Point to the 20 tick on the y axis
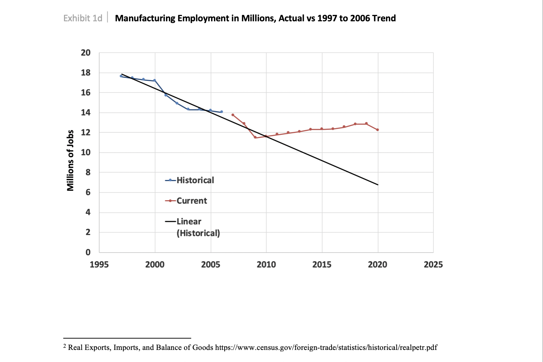[x=86, y=53]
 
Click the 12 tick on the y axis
[x=86, y=132]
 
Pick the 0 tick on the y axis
[x=88, y=252]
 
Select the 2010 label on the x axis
[x=266, y=264]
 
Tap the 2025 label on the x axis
[x=433, y=264]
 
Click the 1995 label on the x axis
[x=99, y=264]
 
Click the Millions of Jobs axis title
[x=70, y=160]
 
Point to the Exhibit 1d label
[x=83, y=18]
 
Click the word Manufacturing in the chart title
[x=145, y=18]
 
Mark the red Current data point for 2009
[x=255, y=137]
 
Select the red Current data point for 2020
[x=377, y=130]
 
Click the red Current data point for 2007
[x=233, y=115]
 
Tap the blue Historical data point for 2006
[x=222, y=112]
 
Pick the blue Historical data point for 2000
[x=155, y=81]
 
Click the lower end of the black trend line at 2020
[x=378, y=185]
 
